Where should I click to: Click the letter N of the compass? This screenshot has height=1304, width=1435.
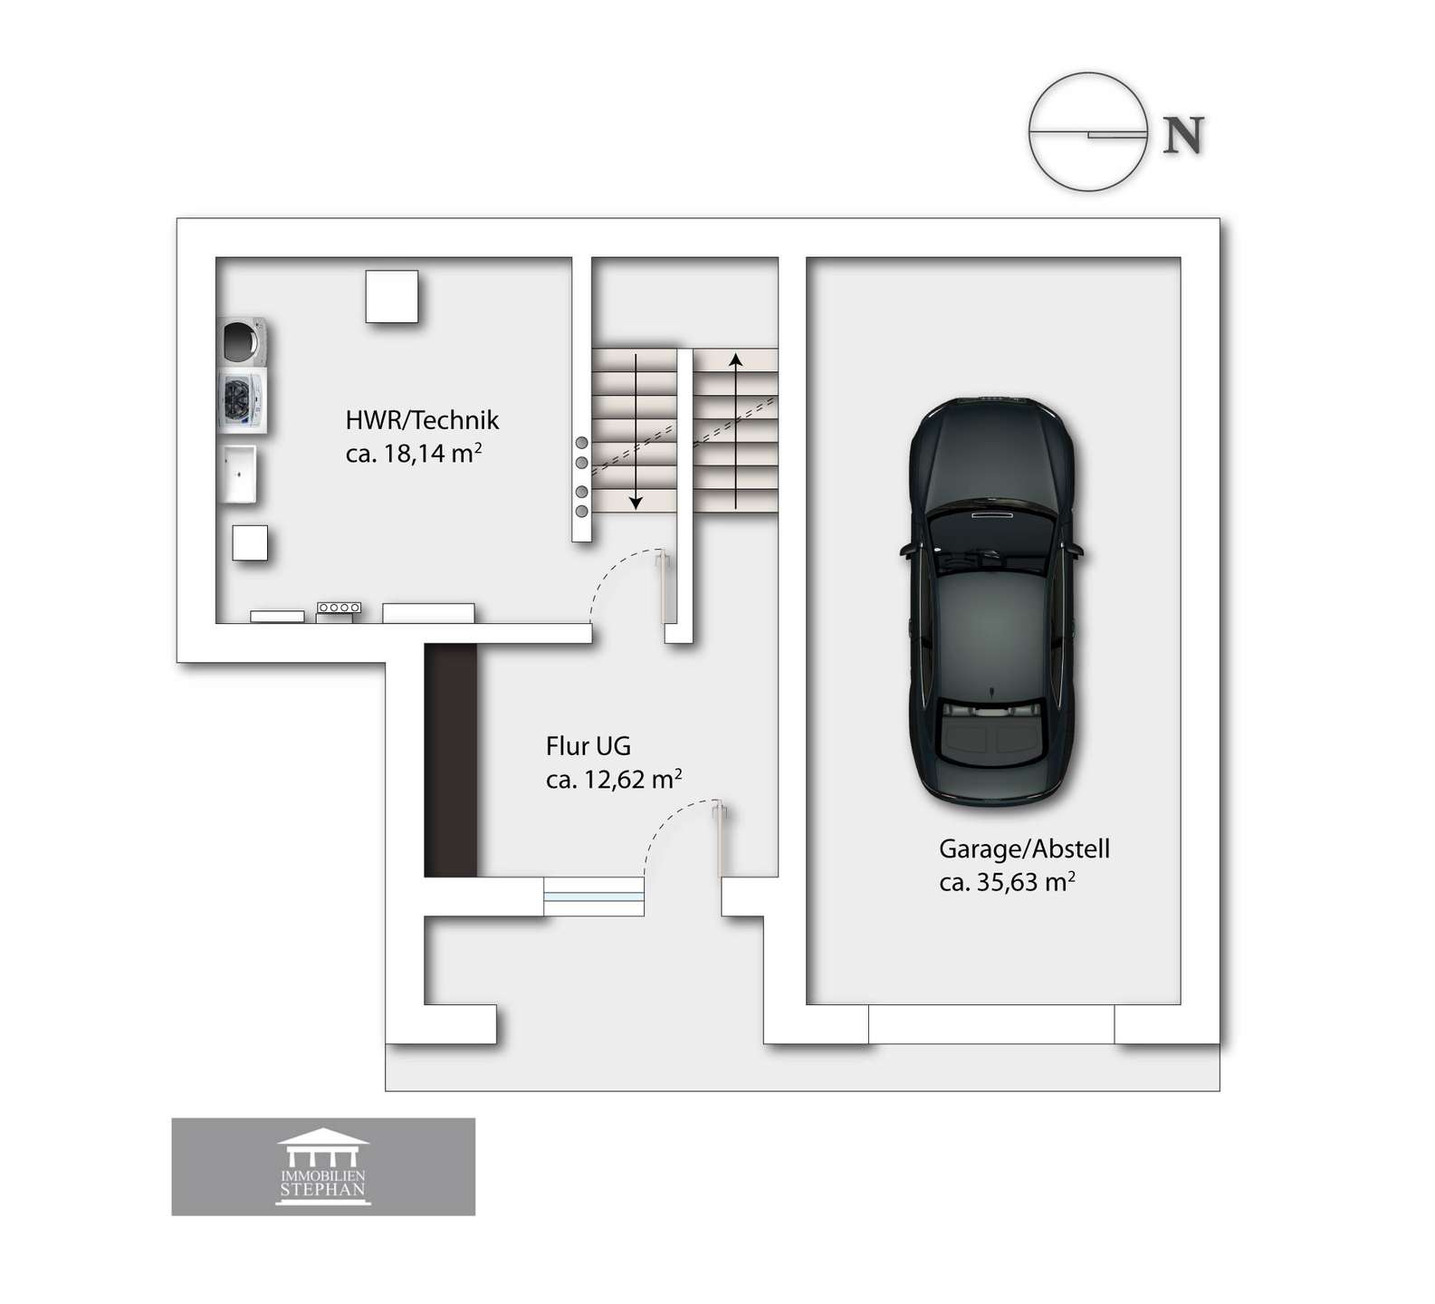click(1182, 135)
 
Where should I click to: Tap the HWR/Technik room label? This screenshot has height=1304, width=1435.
click(422, 420)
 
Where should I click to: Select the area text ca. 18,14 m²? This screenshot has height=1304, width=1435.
click(413, 453)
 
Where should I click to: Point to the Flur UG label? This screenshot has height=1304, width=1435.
click(588, 746)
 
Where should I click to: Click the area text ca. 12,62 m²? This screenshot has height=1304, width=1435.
click(614, 779)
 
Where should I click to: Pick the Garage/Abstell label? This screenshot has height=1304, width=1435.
click(1024, 849)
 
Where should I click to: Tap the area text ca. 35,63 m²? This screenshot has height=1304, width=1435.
click(1007, 881)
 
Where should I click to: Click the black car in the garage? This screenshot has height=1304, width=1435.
click(992, 600)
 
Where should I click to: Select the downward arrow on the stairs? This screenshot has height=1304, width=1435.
click(636, 432)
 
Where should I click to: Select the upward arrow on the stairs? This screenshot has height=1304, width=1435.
click(736, 431)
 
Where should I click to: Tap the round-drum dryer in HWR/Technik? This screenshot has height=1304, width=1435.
click(243, 341)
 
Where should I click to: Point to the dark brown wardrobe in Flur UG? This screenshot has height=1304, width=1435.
click(450, 760)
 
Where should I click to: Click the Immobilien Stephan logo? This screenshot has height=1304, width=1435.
click(323, 1166)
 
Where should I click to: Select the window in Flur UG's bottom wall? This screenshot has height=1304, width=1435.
click(594, 896)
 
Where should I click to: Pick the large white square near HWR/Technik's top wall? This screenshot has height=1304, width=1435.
click(392, 296)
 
